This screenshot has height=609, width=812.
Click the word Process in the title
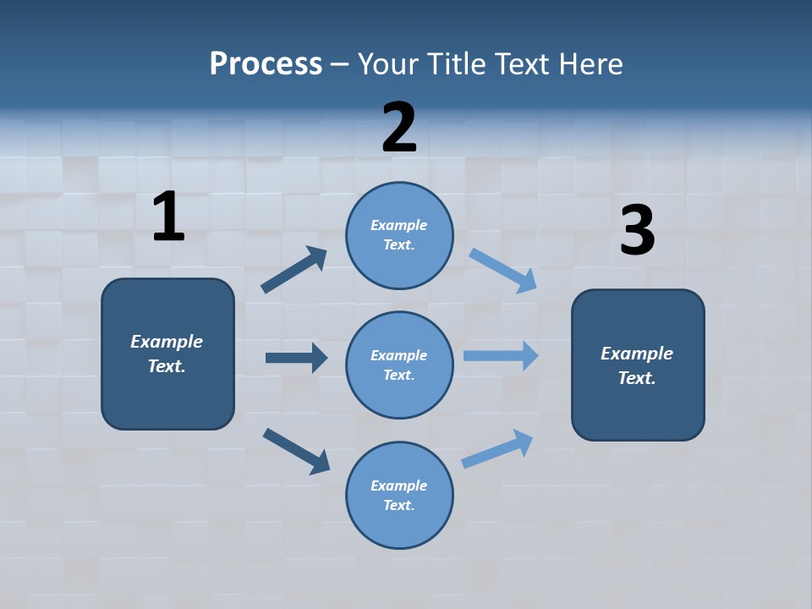coord(266,63)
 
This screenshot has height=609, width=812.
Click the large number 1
coord(168,217)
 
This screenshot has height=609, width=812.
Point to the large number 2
coord(399,128)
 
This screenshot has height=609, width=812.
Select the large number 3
coord(638,231)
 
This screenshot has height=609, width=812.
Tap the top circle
coord(399,235)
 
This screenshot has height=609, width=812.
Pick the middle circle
coord(399,365)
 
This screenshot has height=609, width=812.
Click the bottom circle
coord(399,495)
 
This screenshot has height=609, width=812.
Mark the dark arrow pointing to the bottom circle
coord(296,451)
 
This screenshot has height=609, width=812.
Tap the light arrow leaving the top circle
coord(503,271)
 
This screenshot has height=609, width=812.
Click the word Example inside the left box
coord(167,342)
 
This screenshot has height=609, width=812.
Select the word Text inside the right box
coord(636,378)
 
